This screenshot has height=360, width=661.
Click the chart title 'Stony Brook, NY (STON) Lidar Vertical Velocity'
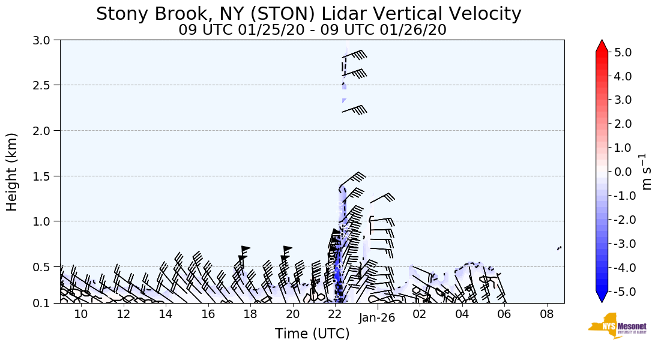(309, 14)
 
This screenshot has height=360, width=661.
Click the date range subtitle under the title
(312, 30)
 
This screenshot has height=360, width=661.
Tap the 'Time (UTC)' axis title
(312, 334)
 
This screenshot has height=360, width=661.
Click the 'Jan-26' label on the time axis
(377, 318)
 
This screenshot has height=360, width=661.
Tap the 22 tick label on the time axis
(335, 314)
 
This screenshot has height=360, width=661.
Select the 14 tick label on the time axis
(166, 314)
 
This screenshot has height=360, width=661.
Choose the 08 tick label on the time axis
(546, 314)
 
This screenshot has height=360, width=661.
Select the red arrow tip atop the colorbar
(602, 46)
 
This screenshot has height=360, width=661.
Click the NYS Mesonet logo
(612, 326)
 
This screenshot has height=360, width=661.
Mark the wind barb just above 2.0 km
(354, 110)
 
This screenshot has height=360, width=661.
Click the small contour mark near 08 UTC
(560, 248)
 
